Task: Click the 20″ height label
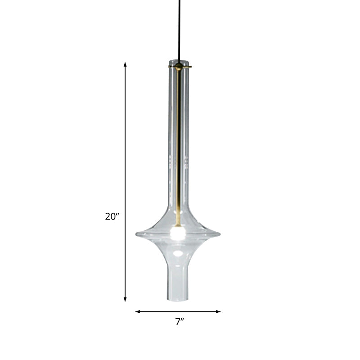[112, 216]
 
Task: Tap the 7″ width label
[180, 322]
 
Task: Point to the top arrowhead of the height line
[125, 64]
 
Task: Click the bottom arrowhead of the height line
[125, 300]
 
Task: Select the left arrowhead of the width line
[137, 311]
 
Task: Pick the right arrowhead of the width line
[219, 311]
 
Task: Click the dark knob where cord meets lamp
[180, 66]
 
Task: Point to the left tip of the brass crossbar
[170, 67]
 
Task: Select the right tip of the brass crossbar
[190, 67]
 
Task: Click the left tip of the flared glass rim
[137, 234]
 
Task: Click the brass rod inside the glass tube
[179, 148]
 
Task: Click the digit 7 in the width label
[178, 322]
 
